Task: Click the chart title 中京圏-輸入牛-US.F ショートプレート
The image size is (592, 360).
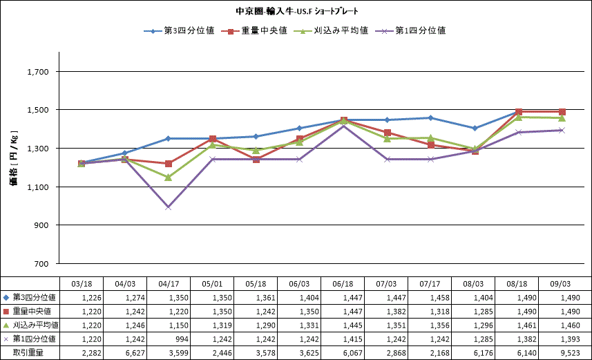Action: (297, 11)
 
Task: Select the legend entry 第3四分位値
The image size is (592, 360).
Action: (179, 30)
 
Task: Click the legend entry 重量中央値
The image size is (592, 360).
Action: (254, 30)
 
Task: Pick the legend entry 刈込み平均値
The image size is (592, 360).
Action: (331, 30)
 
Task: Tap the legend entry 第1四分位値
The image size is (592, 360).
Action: (410, 30)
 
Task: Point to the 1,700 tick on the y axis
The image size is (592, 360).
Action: (38, 72)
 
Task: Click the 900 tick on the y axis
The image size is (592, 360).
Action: (41, 225)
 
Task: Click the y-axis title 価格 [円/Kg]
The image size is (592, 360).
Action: (14, 158)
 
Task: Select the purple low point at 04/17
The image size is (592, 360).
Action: (169, 207)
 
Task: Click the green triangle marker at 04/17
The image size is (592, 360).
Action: (169, 177)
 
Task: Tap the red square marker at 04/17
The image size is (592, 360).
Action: (169, 164)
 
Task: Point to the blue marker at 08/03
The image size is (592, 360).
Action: (475, 128)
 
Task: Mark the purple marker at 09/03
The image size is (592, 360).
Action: (562, 131)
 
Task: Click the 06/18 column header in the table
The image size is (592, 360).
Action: (343, 284)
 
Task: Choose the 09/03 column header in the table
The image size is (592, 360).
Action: (560, 284)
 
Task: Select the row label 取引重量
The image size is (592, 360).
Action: (28, 353)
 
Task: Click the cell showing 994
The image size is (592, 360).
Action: (182, 339)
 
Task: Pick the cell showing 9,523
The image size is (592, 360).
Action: (571, 353)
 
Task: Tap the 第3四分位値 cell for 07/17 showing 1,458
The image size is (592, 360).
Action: (440, 298)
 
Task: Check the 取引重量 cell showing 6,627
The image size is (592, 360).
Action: (135, 353)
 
